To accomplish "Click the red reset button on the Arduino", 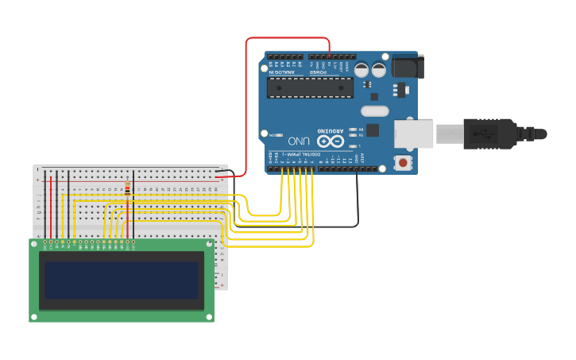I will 404,163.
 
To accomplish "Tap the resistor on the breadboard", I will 128,189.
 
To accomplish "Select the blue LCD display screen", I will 121,280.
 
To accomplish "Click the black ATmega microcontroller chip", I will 310,87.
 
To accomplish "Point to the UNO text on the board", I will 299,140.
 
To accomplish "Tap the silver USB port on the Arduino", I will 414,134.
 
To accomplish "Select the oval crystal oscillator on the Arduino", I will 374,111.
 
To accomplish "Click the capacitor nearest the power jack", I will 379,70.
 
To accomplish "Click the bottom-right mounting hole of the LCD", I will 210,317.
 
